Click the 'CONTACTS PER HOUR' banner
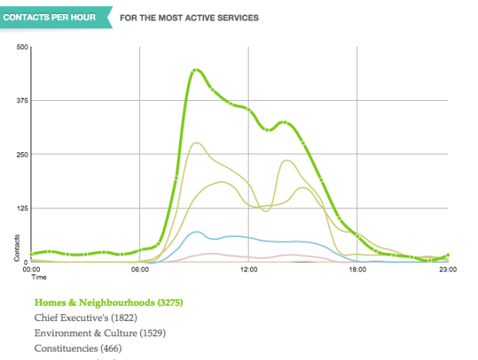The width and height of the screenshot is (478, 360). (53, 17)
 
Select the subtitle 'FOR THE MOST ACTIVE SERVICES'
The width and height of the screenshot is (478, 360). (189, 17)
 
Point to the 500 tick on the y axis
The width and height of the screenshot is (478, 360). (22, 47)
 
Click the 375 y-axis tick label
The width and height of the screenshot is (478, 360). (22, 101)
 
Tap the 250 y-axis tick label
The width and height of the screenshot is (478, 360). (22, 154)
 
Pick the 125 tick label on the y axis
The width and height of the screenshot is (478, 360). (22, 208)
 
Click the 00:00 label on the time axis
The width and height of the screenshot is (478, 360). (31, 269)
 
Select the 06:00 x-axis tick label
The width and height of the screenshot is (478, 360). (140, 269)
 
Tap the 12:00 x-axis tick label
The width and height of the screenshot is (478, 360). (249, 269)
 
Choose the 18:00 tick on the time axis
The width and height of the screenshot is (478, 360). (357, 269)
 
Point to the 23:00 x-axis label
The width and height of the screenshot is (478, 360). (447, 269)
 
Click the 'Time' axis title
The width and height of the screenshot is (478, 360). (39, 277)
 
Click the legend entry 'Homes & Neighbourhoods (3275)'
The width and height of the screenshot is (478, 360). (109, 303)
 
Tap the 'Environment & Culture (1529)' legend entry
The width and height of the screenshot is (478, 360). (100, 333)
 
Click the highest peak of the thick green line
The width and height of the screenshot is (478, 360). (196, 70)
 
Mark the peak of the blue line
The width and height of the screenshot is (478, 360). (197, 232)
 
